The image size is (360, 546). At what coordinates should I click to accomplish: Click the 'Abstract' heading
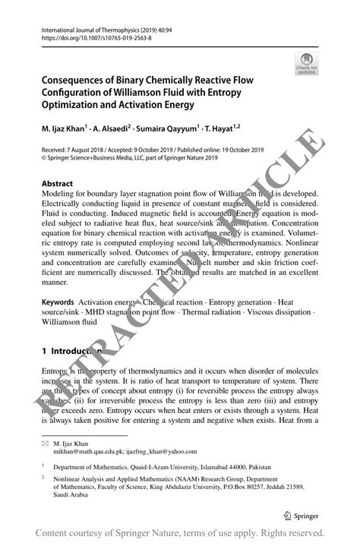point(57,184)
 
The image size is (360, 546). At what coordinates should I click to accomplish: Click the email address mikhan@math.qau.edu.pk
point(94,450)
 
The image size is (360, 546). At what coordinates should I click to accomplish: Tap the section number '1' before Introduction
point(44,352)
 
